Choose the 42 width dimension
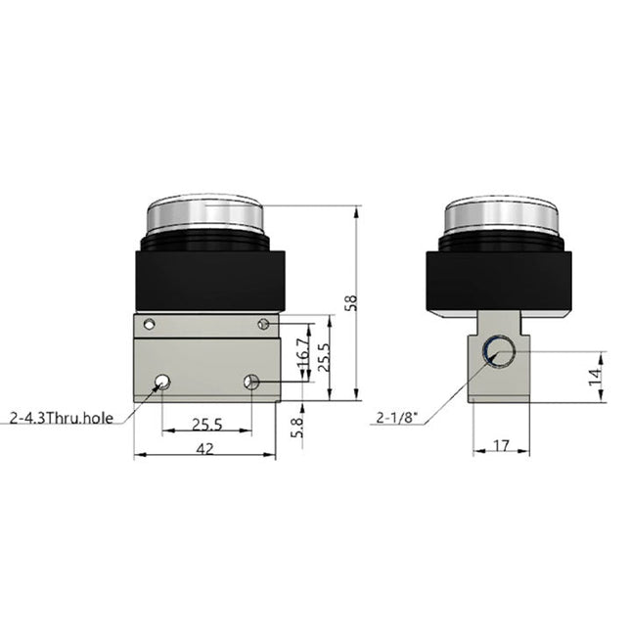(x=205, y=450)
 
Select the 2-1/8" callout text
(x=398, y=419)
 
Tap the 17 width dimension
(x=501, y=446)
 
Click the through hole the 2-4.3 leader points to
(x=162, y=381)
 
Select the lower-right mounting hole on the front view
(x=251, y=382)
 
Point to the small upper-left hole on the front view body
(x=149, y=324)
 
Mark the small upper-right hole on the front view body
(x=263, y=324)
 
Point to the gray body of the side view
(x=501, y=382)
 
